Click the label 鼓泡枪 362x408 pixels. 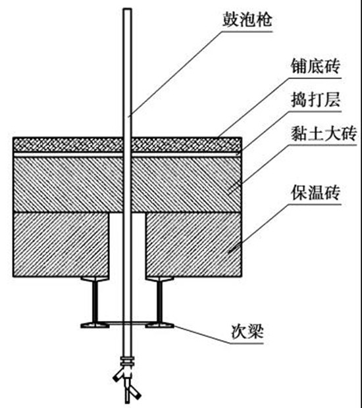(x=247, y=20)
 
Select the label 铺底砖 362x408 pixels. (x=315, y=66)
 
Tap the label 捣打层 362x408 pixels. (x=315, y=99)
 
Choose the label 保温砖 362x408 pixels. (x=315, y=193)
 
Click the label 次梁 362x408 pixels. (x=247, y=332)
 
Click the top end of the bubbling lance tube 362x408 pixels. (x=127, y=9)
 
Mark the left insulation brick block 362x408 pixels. (x=61, y=244)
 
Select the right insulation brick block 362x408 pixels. (x=194, y=244)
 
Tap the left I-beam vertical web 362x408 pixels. (x=95, y=301)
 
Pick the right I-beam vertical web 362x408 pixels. (x=159, y=301)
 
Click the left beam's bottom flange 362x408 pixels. (x=95, y=324)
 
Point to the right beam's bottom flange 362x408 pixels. (x=159, y=324)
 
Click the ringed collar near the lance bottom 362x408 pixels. (x=128, y=362)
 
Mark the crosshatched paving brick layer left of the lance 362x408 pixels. (x=68, y=145)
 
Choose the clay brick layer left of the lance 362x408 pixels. (x=68, y=184)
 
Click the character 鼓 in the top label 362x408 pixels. (x=230, y=20)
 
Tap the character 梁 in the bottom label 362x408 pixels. (x=255, y=332)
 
